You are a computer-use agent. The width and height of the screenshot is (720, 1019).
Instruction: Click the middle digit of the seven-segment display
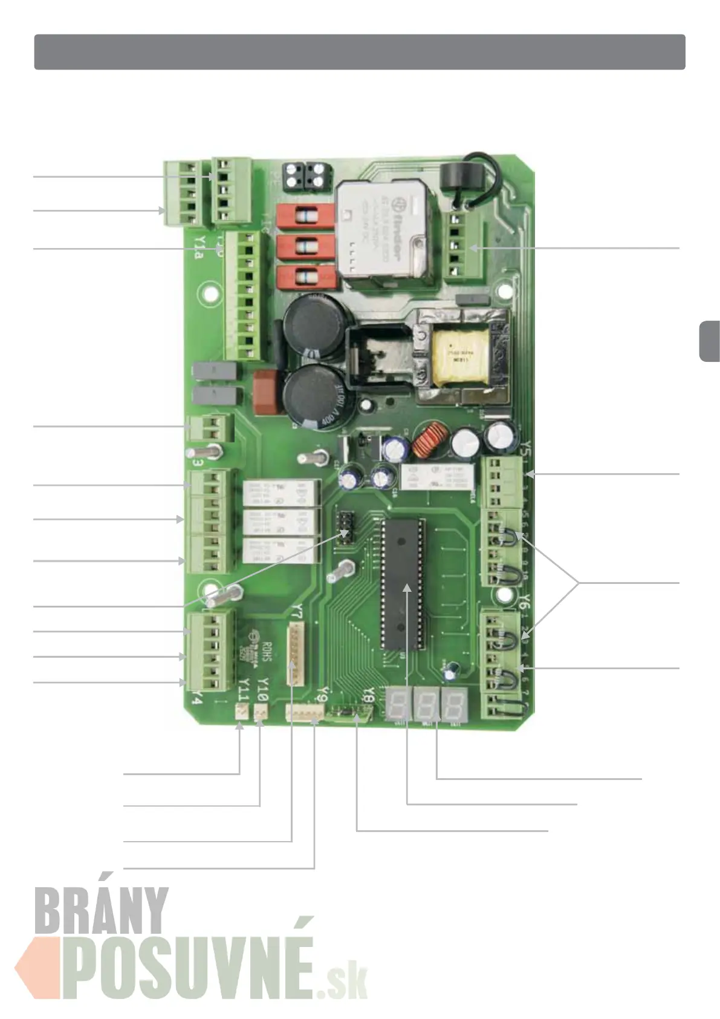click(x=426, y=704)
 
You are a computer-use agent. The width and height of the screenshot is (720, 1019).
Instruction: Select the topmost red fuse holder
click(x=305, y=217)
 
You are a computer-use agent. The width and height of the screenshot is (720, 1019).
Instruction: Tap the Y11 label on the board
click(x=243, y=689)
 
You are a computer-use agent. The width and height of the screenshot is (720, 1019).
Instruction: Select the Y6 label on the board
click(x=525, y=601)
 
